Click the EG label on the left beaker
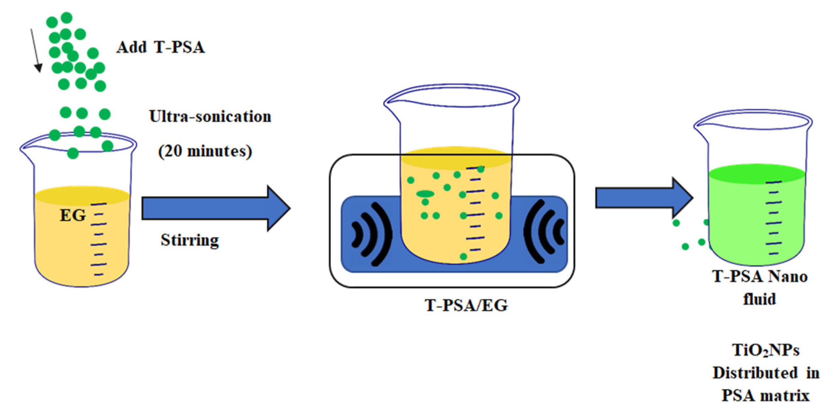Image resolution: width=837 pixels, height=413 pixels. tap(73, 215)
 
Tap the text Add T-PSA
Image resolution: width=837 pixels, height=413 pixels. tap(160, 47)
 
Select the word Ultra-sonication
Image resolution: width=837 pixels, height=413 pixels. tap(210, 117)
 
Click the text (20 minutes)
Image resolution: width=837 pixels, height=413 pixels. tap(205, 151)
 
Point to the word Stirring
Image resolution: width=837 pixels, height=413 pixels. tap(190, 240)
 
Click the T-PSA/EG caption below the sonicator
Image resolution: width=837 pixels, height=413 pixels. tap(466, 305)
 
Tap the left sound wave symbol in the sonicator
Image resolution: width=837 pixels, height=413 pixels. tap(372, 234)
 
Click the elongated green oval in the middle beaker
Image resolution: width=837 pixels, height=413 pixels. tap(425, 194)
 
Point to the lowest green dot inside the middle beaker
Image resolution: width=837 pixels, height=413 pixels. tap(463, 256)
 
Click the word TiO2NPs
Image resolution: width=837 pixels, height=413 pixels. tap(765, 351)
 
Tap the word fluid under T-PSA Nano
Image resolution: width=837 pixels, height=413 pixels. tap(759, 299)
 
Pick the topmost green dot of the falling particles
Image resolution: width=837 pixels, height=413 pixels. tap(66, 18)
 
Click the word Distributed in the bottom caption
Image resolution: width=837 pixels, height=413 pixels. tap(755, 373)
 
